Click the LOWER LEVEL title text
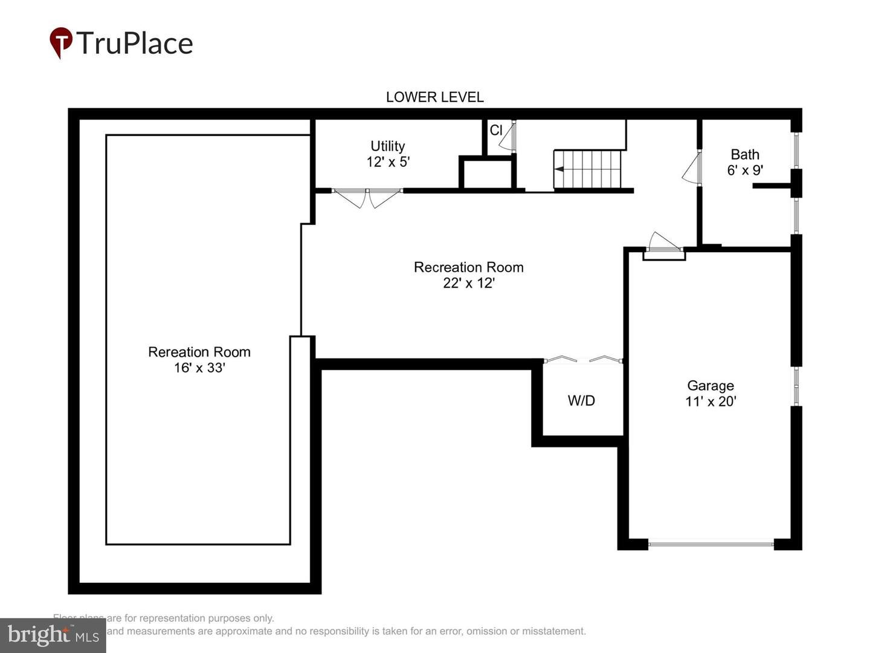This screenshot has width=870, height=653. (x=434, y=97)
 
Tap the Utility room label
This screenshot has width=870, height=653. (x=387, y=146)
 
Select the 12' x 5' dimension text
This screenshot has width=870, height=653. (x=388, y=162)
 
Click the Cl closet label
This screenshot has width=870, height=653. (x=496, y=130)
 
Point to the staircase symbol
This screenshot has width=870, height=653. (x=588, y=169)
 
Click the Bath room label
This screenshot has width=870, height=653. (x=744, y=154)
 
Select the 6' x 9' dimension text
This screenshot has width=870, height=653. (x=744, y=171)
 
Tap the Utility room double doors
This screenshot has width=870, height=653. (x=367, y=197)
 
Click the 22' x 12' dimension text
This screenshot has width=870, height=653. (x=468, y=283)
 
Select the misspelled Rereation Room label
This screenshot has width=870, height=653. (x=199, y=352)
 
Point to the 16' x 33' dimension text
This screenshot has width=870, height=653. (x=199, y=368)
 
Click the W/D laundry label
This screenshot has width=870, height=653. (x=581, y=400)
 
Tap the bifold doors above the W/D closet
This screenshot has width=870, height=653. (x=583, y=360)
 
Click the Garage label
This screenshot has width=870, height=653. (x=710, y=385)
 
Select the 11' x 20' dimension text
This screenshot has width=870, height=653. (x=710, y=401)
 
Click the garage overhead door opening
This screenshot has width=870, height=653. (x=710, y=544)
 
